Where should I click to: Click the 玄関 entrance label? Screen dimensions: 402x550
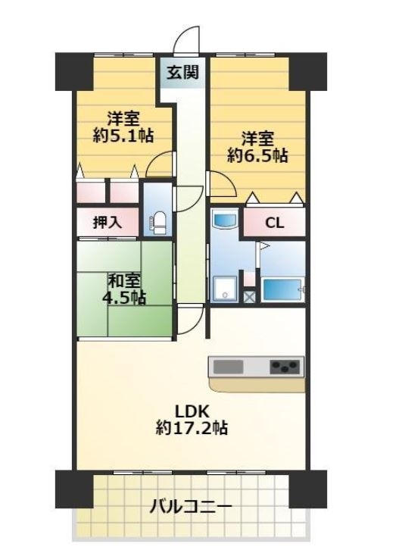pyautogui.click(x=182, y=72)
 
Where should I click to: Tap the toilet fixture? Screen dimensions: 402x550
pyautogui.click(x=157, y=223)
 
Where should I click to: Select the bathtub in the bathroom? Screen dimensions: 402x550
pyautogui.click(x=282, y=289)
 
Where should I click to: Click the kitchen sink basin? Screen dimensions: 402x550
pyautogui.click(x=228, y=367)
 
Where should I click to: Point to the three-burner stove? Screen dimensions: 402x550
pyautogui.click(x=285, y=367)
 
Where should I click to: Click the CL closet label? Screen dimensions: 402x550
pyautogui.click(x=274, y=223)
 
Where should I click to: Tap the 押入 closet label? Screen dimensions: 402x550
pyautogui.click(x=108, y=222)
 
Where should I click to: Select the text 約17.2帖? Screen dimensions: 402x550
pyautogui.click(x=192, y=427)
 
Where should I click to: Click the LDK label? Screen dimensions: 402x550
pyautogui.click(x=192, y=411)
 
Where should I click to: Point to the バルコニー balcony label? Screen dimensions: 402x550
pyautogui.click(x=191, y=507)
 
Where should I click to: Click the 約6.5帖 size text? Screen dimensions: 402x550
pyautogui.click(x=257, y=155)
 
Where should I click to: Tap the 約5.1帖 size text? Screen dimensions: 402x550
pyautogui.click(x=123, y=135)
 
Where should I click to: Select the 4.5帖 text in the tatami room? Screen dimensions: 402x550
pyautogui.click(x=124, y=298)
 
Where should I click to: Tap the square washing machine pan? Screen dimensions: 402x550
pyautogui.click(x=225, y=289)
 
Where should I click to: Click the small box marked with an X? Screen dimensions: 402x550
pyautogui.click(x=249, y=296)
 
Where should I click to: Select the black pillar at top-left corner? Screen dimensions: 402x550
pyautogui.click(x=74, y=71)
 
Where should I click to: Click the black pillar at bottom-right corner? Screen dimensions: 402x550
pyautogui.click(x=307, y=489)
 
